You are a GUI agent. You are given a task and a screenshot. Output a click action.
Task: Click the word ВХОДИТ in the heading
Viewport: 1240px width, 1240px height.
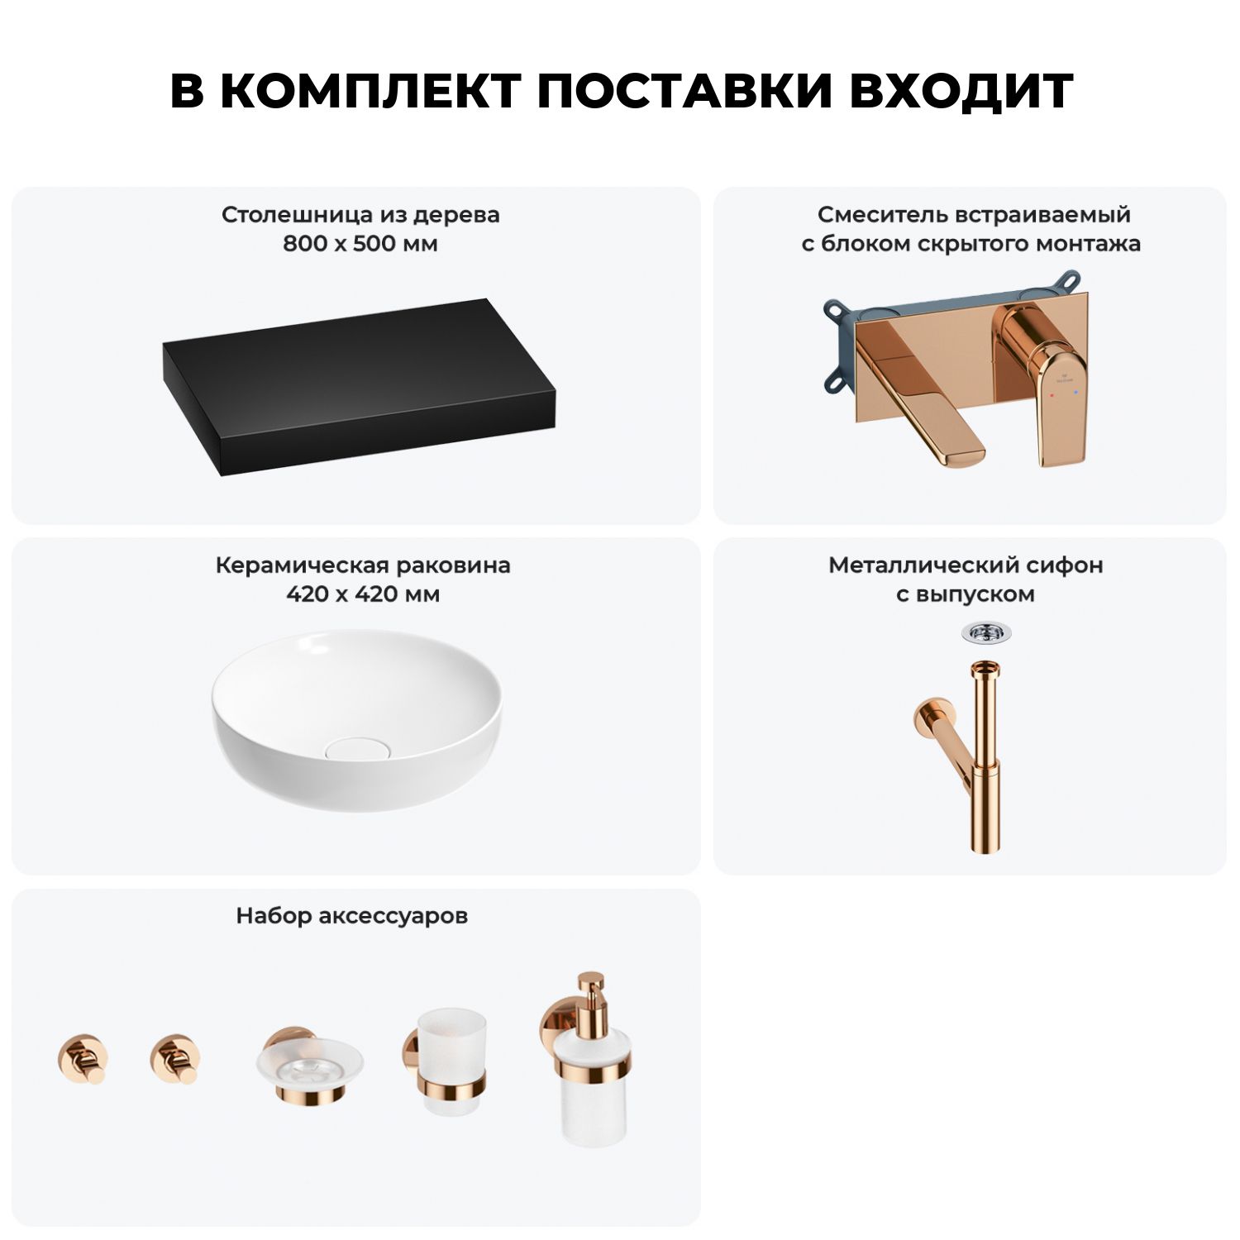tap(961, 91)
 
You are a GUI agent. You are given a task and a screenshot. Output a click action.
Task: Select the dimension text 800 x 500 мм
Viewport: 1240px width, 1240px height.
tap(360, 244)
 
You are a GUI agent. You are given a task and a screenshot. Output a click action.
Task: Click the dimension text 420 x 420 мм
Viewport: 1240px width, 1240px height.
tap(363, 594)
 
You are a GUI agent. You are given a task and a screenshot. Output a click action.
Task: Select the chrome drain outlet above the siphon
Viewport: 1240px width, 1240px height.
tap(985, 633)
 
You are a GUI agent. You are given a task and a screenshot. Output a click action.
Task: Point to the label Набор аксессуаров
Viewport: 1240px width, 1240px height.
tap(352, 916)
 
